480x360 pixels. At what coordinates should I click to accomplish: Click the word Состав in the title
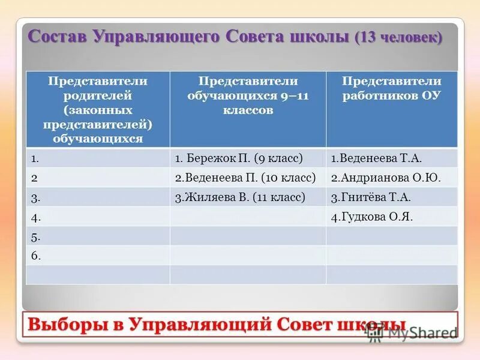point(58,36)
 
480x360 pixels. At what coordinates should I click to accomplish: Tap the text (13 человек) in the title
point(399,37)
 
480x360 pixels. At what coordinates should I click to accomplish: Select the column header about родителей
point(97,109)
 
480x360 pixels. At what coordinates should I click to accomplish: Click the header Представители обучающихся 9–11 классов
point(248,95)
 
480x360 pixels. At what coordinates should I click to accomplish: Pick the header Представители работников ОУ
point(391,88)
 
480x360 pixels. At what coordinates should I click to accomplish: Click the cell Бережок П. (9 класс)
point(239,158)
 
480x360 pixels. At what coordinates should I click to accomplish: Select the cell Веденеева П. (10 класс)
point(245,178)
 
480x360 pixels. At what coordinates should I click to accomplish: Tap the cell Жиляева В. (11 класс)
point(240,197)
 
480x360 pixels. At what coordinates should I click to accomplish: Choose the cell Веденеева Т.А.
point(376,158)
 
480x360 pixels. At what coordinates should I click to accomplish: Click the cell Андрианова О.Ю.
point(385,178)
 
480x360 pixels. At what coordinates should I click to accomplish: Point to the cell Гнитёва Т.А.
point(371,197)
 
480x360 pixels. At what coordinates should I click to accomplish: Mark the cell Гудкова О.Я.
point(371,217)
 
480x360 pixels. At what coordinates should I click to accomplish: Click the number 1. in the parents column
point(35,158)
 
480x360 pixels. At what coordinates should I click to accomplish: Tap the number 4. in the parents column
point(35,217)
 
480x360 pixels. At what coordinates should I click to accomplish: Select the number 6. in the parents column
point(36,256)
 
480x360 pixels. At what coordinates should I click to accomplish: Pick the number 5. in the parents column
point(36,236)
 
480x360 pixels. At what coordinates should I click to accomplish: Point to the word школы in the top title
point(317,36)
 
